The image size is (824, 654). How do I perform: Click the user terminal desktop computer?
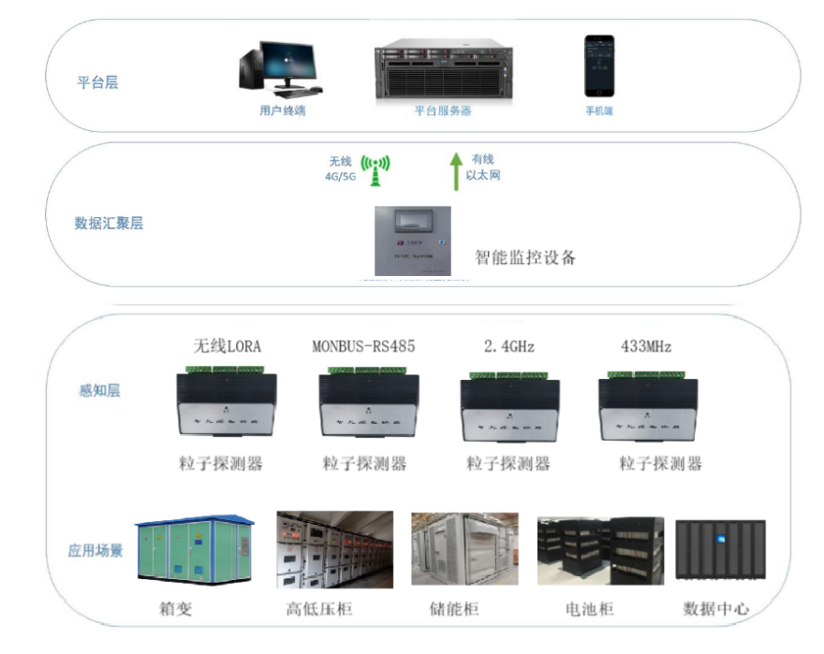tap(280, 69)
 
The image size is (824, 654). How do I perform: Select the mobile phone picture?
tap(599, 66)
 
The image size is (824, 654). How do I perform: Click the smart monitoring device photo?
tap(412, 241)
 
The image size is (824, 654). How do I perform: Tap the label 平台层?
tap(97, 82)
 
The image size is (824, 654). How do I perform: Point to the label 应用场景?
tap(96, 550)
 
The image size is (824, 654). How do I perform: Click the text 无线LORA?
tap(228, 346)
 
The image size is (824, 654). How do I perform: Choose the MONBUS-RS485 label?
tap(363, 346)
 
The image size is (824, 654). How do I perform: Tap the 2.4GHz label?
tap(509, 346)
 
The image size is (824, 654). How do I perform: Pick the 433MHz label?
tap(646, 346)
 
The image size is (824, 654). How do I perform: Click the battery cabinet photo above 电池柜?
tap(600, 552)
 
